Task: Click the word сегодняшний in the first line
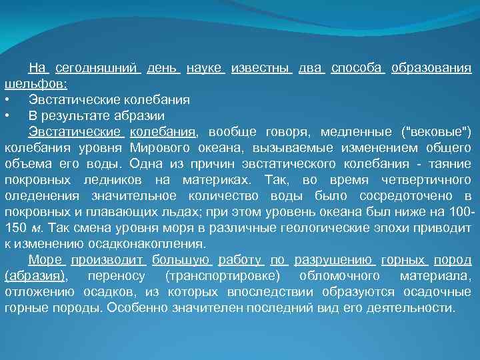click(97, 68)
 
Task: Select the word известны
click(260, 68)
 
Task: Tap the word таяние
click(449, 164)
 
